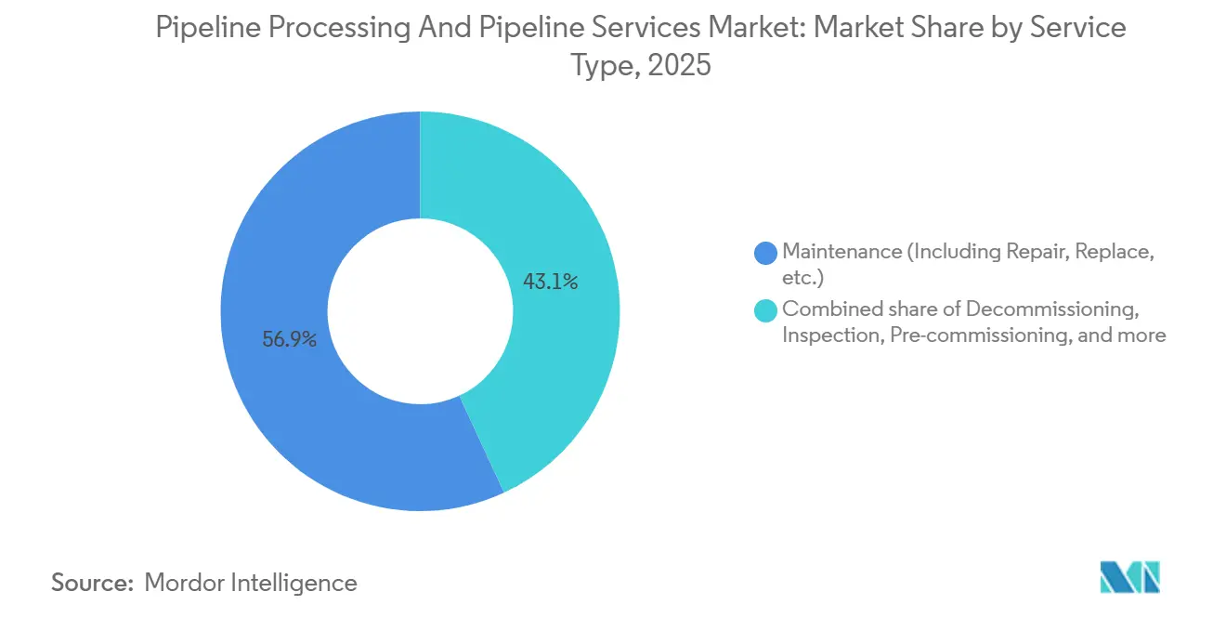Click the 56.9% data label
pos(289,340)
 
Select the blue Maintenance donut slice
pos(279,409)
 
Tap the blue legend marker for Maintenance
pos(766,252)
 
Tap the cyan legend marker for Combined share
pos(766,309)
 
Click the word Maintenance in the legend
pos(842,251)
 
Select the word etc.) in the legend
pos(802,278)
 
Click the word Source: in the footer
pos(92,583)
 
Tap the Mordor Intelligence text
pos(251,583)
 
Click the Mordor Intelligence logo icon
pos(1129,577)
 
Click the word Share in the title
pos(957,28)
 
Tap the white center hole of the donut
pos(420,311)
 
